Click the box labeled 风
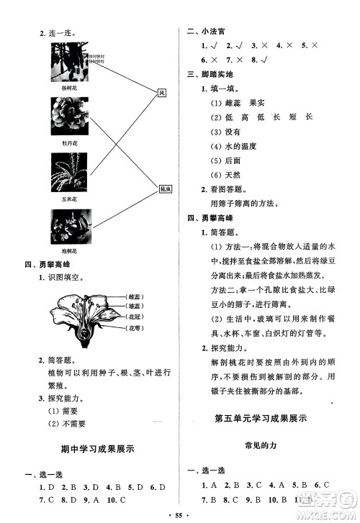pyautogui.click(x=162, y=91)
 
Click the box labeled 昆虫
pyautogui.click(x=163, y=189)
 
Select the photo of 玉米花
pyautogui.click(x=70, y=172)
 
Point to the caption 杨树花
pyautogui.click(x=70, y=88)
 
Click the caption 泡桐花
pyautogui.click(x=70, y=253)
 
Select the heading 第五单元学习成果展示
pyautogui.click(x=263, y=418)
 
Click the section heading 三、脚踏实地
pyautogui.click(x=212, y=74)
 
